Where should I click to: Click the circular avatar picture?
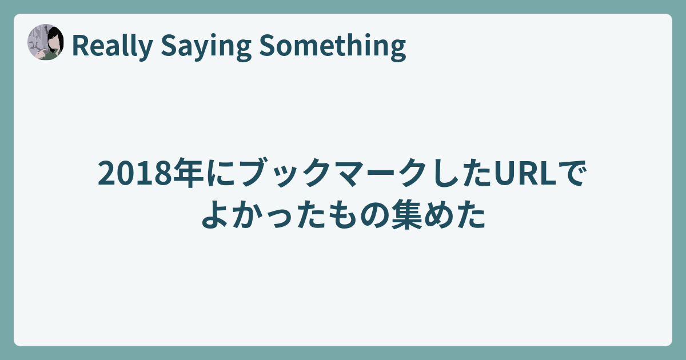point(46,42)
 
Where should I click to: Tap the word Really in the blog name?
point(112,46)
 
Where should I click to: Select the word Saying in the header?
point(206,46)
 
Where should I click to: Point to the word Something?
point(332,46)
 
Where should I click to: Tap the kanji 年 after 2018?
point(188,173)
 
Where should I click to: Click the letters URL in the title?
point(525,173)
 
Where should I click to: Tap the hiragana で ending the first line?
point(572,173)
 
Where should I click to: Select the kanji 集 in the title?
point(406,214)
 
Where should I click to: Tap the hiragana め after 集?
point(438,215)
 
